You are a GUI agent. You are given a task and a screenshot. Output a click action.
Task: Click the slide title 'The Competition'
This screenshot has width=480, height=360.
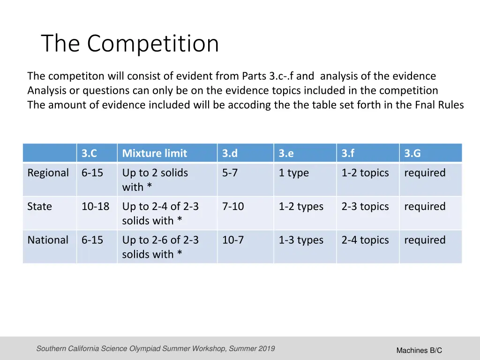[x=130, y=44]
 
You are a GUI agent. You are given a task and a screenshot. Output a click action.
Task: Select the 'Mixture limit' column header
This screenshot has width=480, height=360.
[x=154, y=153]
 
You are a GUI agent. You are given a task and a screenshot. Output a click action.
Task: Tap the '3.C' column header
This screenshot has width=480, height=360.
[x=90, y=153]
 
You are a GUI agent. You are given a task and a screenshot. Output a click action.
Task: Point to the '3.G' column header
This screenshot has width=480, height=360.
[x=412, y=153]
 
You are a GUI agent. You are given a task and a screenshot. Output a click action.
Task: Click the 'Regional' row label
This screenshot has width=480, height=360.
[x=48, y=173]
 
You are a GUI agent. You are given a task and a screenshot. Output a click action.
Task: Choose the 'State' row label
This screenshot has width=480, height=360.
[x=39, y=207]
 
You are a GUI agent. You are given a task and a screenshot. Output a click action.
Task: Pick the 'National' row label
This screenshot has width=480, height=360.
[x=48, y=240]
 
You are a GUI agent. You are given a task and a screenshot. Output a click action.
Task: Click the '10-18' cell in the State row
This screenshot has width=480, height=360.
[x=95, y=207]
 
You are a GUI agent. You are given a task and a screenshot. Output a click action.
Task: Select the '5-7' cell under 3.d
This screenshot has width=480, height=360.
[x=230, y=173]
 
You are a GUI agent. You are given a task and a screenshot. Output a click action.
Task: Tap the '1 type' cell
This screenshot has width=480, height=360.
[x=293, y=173]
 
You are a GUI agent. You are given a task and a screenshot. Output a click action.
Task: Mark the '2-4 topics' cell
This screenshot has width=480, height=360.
[x=365, y=240]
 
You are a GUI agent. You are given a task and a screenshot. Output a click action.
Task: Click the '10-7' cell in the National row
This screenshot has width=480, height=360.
[x=233, y=240]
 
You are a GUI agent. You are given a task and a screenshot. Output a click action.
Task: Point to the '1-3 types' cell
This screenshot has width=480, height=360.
[x=301, y=240]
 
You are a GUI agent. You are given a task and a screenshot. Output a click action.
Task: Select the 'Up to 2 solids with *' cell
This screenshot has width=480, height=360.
[x=155, y=180]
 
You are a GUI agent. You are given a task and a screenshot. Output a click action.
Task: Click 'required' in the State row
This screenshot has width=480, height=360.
[x=425, y=207]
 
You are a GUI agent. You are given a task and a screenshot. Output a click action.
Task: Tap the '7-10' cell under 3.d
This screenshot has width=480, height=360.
[x=233, y=207]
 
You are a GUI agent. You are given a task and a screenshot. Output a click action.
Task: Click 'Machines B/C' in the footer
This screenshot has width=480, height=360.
[x=419, y=351]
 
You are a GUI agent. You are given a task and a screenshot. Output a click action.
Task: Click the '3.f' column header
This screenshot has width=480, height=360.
[x=348, y=153]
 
